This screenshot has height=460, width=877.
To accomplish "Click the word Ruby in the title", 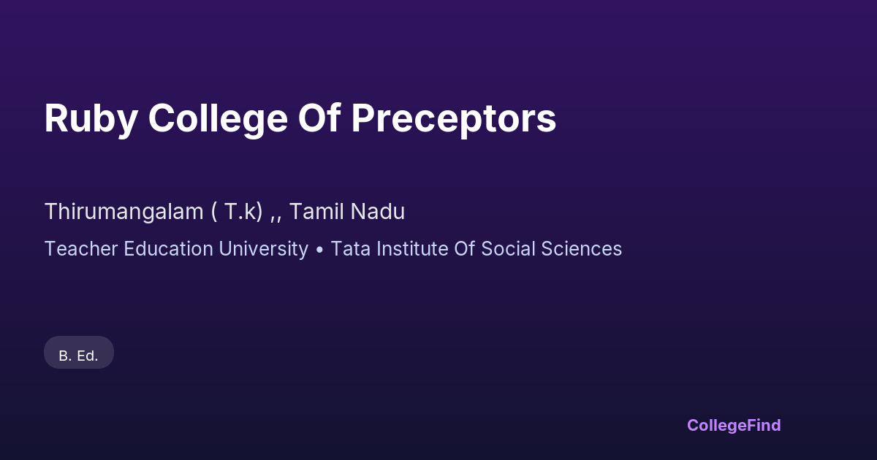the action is click(x=91, y=119).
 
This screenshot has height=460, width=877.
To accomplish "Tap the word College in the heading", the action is click(x=218, y=119).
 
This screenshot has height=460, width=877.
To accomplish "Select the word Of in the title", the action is click(x=319, y=118).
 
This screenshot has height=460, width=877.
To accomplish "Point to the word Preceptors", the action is click(x=453, y=119).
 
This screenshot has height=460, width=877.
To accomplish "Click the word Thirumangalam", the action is click(x=124, y=212).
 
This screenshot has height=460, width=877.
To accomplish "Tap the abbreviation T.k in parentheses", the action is click(x=240, y=211).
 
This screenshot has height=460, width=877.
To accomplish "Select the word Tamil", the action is click(x=316, y=211).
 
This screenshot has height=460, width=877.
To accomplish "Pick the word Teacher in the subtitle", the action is click(x=81, y=249).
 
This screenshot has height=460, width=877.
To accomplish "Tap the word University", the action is click(x=264, y=249).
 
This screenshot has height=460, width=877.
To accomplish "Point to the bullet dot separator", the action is click(x=319, y=250).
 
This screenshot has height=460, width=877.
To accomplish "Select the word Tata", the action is click(x=350, y=249).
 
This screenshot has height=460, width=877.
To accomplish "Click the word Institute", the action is click(x=412, y=249).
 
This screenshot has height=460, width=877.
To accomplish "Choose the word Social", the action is click(x=508, y=249).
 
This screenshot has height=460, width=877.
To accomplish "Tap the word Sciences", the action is click(x=582, y=249).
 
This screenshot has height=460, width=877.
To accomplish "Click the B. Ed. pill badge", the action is click(x=79, y=352).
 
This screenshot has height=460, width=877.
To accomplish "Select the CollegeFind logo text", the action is click(x=734, y=425).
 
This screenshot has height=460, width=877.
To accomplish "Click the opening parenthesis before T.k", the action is click(x=213, y=212).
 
